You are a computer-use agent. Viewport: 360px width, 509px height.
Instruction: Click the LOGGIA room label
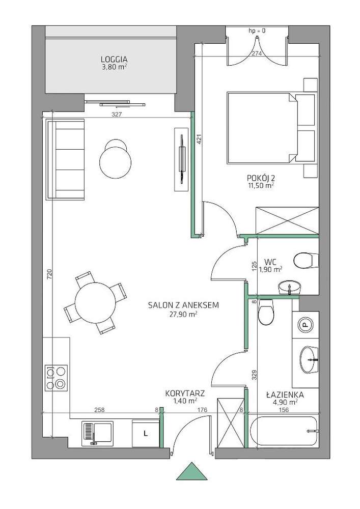(114, 60)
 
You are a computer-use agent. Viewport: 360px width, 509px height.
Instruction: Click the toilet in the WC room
(306, 260)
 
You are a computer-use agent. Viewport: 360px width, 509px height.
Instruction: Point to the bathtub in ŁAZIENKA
(284, 431)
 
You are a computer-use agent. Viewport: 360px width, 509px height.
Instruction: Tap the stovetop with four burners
(56, 378)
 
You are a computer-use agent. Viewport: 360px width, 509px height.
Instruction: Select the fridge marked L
(146, 433)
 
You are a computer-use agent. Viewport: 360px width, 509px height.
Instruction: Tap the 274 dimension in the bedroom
(257, 54)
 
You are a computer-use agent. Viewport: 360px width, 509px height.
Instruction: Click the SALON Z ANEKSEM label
(183, 305)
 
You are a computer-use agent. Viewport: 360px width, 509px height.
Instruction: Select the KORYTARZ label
(185, 393)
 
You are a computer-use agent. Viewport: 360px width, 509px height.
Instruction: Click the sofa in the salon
(66, 159)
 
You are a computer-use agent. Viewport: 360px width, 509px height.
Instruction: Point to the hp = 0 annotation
(257, 31)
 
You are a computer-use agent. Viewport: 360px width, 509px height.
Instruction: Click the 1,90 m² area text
(270, 269)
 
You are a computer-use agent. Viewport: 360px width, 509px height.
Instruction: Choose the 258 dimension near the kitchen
(99, 410)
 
